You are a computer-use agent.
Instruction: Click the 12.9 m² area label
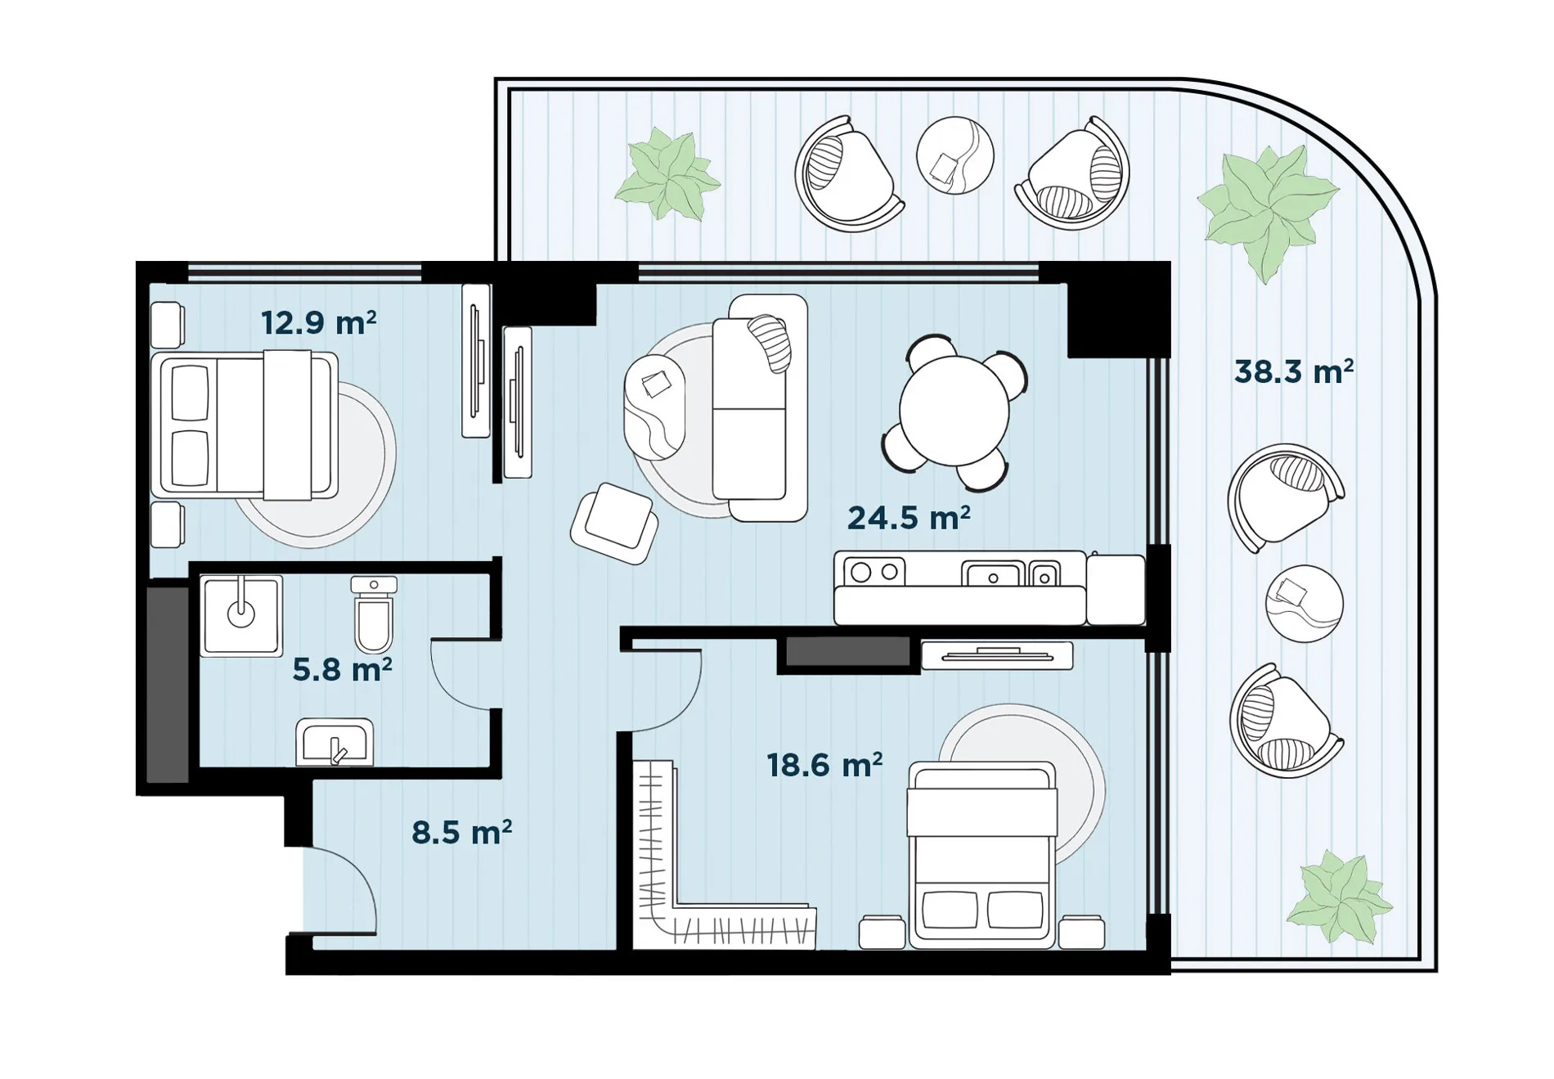pyautogui.click(x=319, y=323)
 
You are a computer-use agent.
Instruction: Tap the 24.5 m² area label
pyautogui.click(x=909, y=518)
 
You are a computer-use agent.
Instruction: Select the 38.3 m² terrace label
pyautogui.click(x=1294, y=371)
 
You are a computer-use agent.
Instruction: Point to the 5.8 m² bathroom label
pyautogui.click(x=342, y=669)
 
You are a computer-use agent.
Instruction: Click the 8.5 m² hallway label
pyautogui.click(x=462, y=832)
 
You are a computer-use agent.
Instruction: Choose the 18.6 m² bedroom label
pyautogui.click(x=824, y=765)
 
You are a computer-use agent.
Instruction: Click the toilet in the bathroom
pyautogui.click(x=374, y=614)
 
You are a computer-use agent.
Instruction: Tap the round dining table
pyautogui.click(x=954, y=411)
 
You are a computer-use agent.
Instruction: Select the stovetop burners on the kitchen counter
pyautogui.click(x=874, y=571)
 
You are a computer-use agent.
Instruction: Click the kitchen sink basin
pyautogui.click(x=993, y=574)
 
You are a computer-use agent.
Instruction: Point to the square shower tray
pyautogui.click(x=241, y=615)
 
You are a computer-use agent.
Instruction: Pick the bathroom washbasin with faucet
pyautogui.click(x=335, y=743)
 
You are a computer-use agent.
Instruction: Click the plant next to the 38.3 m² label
pyautogui.click(x=1268, y=211)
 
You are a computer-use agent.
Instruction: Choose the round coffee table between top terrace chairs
pyautogui.click(x=954, y=155)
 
